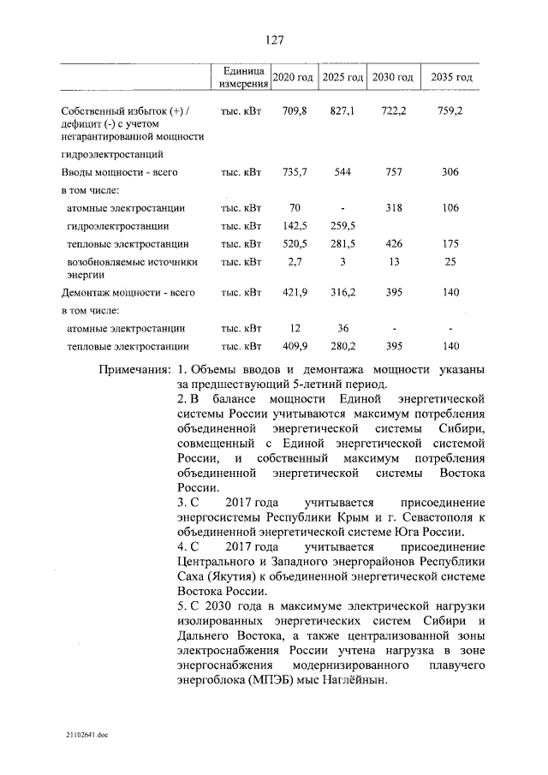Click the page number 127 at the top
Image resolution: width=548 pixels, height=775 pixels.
(x=274, y=40)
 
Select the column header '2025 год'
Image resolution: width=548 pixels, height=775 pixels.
(x=342, y=78)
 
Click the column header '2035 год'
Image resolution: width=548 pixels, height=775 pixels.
(x=451, y=78)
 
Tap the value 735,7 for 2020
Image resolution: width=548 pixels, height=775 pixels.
(x=294, y=172)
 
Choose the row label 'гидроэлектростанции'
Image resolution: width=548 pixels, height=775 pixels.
(x=117, y=226)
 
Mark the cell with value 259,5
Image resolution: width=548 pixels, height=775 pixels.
(x=342, y=226)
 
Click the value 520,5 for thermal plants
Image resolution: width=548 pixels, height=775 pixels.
(x=294, y=244)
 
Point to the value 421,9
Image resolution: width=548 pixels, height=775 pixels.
(x=294, y=292)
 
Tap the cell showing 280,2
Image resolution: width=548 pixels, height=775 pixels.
(x=342, y=347)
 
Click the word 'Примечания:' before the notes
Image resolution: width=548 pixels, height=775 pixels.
(x=134, y=369)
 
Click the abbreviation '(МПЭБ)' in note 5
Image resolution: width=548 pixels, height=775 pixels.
(x=253, y=681)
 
